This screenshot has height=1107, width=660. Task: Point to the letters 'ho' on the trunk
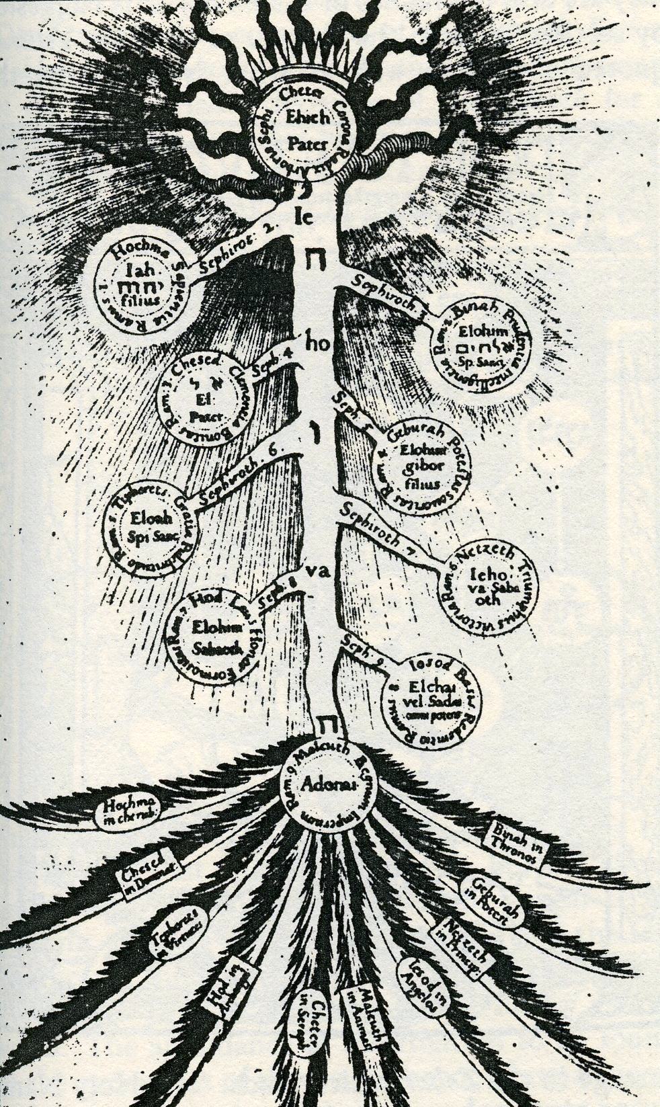(315, 343)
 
